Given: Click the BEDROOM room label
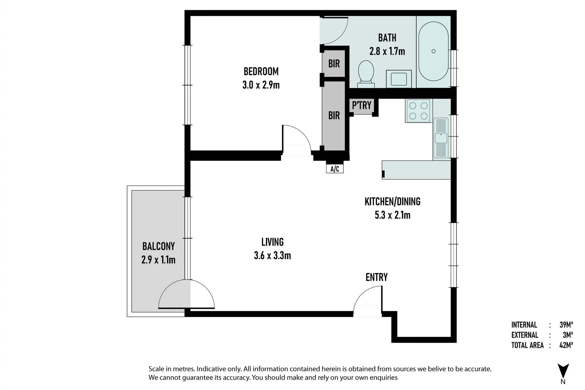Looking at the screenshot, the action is pos(261,71).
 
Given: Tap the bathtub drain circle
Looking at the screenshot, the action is pos(433,51).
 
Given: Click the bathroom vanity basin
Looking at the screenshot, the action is pos(399,79).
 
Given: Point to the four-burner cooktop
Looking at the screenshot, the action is pos(419,111).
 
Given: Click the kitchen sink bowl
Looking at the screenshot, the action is pos(441,138).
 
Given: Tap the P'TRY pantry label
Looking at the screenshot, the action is pos(361,105).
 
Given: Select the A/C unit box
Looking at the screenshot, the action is pos(335,169).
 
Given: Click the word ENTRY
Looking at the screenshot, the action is pos(376,277).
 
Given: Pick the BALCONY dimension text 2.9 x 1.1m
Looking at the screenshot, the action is pos(158,260).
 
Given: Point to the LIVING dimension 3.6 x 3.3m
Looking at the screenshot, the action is pos(272,255).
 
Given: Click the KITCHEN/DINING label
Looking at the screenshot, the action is pos(392,201).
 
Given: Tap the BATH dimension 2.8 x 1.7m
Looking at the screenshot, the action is pos(387,51).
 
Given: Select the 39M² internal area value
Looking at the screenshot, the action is pos(566,325).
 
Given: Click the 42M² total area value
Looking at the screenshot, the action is pos(566,345).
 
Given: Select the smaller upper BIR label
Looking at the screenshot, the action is pos(334,64).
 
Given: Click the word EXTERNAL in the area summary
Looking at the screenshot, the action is pos(525,335).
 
